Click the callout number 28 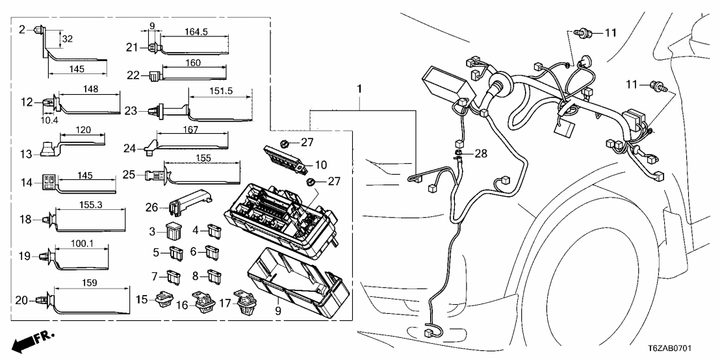479,154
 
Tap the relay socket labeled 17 246,304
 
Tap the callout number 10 321,165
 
